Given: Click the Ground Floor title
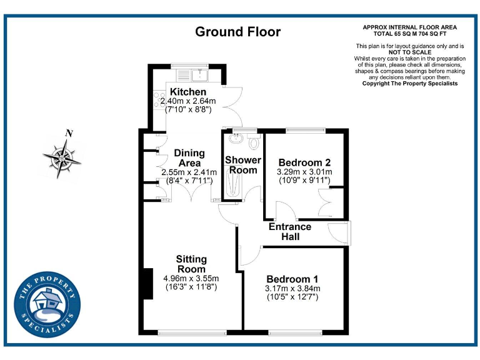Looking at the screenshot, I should coord(238,32).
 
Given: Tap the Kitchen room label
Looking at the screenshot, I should coord(188,92).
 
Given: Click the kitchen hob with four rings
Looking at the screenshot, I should coord(158,100).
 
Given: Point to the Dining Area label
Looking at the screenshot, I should coord(189,158).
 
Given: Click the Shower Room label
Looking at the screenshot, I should coord(243,165).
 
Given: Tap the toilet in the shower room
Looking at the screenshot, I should coord(254,142).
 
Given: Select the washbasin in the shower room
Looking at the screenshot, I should coord(236,139).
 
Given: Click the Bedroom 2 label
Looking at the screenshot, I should coord(304,162).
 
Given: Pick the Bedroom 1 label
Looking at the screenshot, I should coord(292,279).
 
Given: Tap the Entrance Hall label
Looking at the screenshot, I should coord(290,231).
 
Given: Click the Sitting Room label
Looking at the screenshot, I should coord(191,264).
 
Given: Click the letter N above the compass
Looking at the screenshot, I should coord(69,133).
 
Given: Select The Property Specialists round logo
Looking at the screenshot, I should coord(47,305).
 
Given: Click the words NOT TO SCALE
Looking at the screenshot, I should coord(410,52).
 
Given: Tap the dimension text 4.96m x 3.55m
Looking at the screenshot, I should coord(191,278).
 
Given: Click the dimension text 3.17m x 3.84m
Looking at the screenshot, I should coord(292,288).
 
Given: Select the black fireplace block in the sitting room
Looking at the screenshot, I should coord(147,283).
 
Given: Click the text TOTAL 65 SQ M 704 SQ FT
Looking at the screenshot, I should coord(410,33).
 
